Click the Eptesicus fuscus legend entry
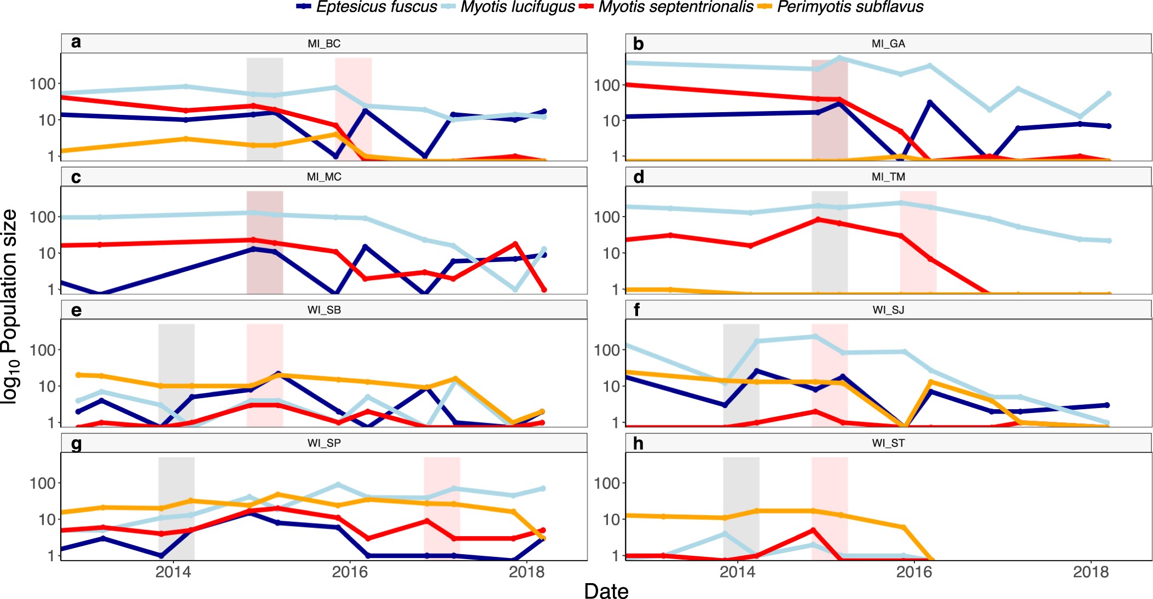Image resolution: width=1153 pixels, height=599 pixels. click(x=367, y=7)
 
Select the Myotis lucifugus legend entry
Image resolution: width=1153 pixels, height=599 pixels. click(x=508, y=7)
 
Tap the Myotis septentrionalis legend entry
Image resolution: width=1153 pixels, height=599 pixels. click(x=668, y=7)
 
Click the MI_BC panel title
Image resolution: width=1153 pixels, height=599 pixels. click(x=324, y=44)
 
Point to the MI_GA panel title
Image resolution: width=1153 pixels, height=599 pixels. click(x=888, y=44)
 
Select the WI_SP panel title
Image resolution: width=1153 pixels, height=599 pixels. click(x=324, y=443)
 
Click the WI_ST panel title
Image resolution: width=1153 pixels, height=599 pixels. click(x=888, y=443)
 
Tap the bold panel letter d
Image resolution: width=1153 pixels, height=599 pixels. click(x=639, y=177)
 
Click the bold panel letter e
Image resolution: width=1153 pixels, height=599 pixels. click(x=76, y=311)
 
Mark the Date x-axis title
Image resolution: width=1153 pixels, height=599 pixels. click(x=606, y=591)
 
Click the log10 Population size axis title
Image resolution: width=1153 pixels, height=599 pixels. click(x=10, y=306)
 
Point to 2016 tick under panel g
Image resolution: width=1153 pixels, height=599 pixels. click(x=350, y=572)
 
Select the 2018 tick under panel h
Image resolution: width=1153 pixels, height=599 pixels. click(x=1091, y=572)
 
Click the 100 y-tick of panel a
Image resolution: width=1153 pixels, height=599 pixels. click(x=43, y=84)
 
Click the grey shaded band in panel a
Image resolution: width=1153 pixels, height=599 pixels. click(x=264, y=109)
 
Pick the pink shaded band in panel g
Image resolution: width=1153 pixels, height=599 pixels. click(x=442, y=508)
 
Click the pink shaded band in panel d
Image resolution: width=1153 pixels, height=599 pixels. click(x=918, y=242)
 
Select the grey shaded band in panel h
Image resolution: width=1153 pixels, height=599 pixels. click(x=741, y=508)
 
